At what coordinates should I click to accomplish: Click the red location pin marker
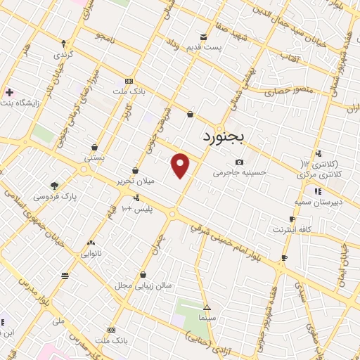[x=181, y=165]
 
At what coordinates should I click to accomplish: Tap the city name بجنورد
[x=221, y=136]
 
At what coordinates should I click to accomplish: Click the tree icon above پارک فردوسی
[x=54, y=186]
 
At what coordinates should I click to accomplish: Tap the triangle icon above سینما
[x=207, y=308]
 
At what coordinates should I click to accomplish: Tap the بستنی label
[x=94, y=157]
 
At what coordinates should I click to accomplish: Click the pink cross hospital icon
[x=9, y=92]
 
